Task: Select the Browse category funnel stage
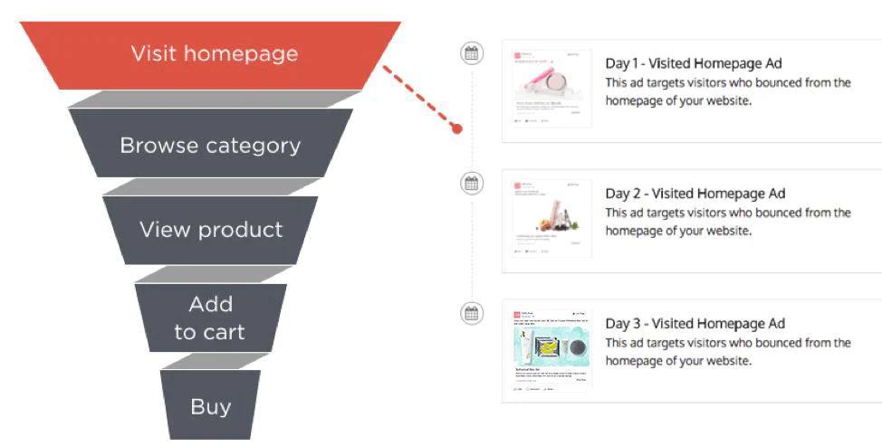pyautogui.click(x=210, y=145)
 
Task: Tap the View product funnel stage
pyautogui.click(x=210, y=230)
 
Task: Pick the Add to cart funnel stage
pyautogui.click(x=210, y=318)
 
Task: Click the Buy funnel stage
pyautogui.click(x=210, y=406)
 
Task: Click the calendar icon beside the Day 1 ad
pyautogui.click(x=471, y=53)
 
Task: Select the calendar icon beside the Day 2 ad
pyautogui.click(x=471, y=184)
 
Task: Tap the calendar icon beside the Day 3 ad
pyautogui.click(x=471, y=314)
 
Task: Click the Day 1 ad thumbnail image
pyautogui.click(x=551, y=89)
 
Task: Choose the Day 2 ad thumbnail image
pyautogui.click(x=551, y=219)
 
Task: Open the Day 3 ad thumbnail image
pyautogui.click(x=551, y=349)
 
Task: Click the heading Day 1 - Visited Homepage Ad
pyautogui.click(x=694, y=63)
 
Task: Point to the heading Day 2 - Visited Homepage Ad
pyautogui.click(x=695, y=194)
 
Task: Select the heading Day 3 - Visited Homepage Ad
pyautogui.click(x=695, y=324)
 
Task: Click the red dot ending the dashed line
pyautogui.click(x=457, y=128)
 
